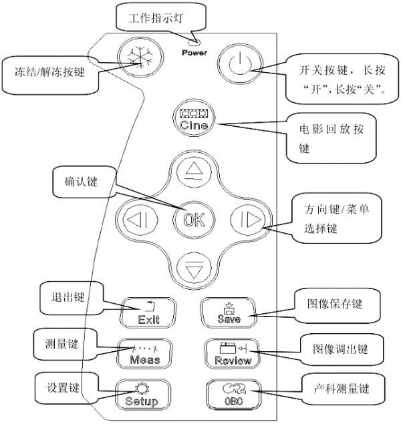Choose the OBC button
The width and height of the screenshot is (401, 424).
(x=229, y=395)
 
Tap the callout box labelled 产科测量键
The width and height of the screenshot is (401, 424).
(x=341, y=389)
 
